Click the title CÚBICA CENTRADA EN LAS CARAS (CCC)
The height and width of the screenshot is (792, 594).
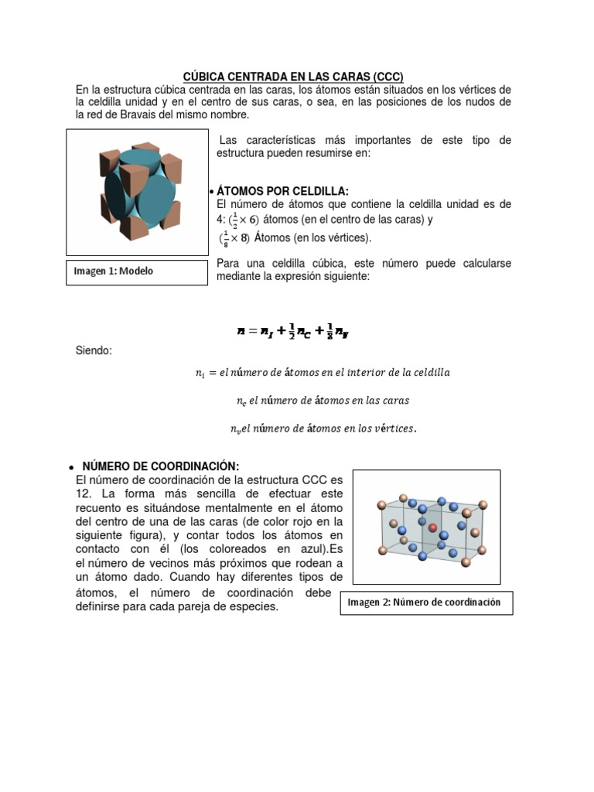(x=293, y=77)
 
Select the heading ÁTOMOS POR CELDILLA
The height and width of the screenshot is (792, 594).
(x=283, y=191)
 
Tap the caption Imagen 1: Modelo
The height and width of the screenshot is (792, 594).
(x=114, y=271)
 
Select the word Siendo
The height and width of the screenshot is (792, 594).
(x=94, y=351)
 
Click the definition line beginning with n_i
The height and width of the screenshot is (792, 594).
(x=322, y=373)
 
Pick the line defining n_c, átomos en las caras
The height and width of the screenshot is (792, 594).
(x=322, y=401)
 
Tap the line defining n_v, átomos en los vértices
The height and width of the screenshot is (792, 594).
(x=323, y=428)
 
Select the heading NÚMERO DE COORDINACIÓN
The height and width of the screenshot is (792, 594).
(x=161, y=466)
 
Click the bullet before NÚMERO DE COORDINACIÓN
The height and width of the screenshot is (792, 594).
(x=70, y=467)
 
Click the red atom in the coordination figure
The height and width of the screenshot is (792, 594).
(x=432, y=528)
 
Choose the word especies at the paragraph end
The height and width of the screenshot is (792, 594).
(x=253, y=607)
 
